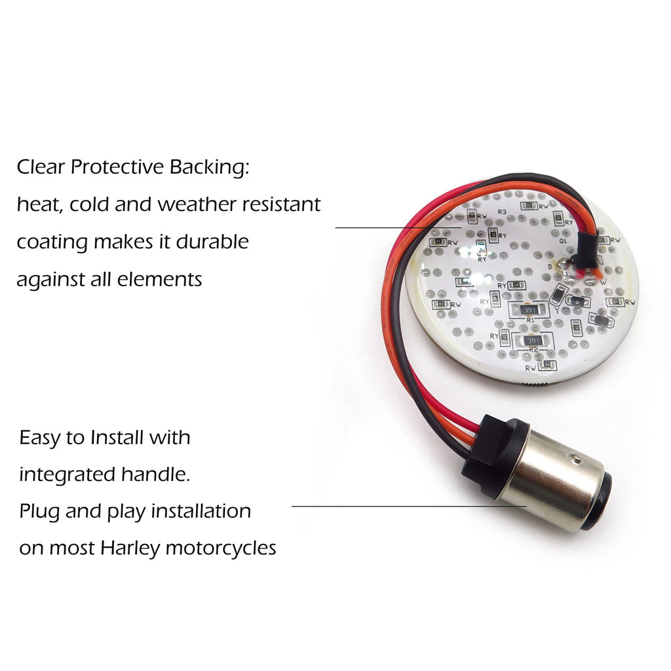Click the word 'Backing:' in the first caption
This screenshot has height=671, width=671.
(209, 167)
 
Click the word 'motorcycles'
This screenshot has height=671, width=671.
(221, 549)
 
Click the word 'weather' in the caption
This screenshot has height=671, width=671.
(198, 204)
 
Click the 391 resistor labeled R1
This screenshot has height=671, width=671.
(529, 309)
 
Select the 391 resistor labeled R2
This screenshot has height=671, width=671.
(533, 340)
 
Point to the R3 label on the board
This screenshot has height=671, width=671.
(503, 212)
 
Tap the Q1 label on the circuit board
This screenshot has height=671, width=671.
(563, 241)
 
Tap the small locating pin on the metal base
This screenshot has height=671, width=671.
(577, 459)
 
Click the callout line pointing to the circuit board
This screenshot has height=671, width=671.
(398, 227)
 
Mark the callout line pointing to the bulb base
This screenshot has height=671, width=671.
(409, 507)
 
